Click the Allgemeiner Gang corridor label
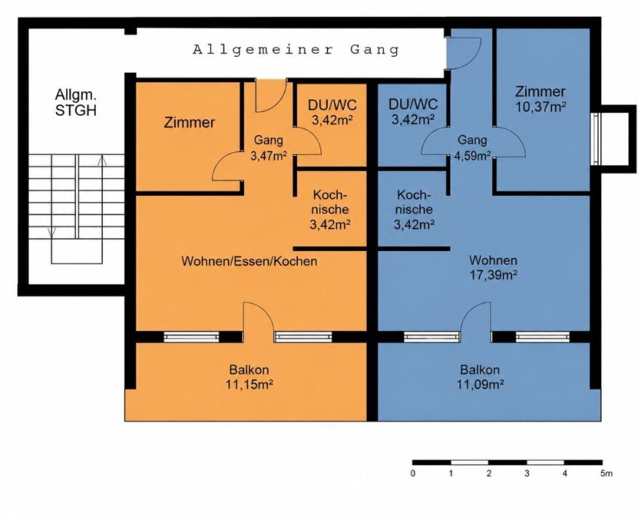point(296,50)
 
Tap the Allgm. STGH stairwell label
point(76,103)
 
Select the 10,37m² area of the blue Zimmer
point(541,107)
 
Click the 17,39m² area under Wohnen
point(493,275)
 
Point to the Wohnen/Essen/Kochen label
point(249,261)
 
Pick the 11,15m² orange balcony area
point(249,384)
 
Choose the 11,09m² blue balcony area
point(481,384)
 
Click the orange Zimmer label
point(189,122)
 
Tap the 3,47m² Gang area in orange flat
point(269,156)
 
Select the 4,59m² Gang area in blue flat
point(472,156)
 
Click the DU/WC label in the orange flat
point(332,105)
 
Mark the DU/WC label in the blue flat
point(413,104)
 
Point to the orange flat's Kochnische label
point(330,202)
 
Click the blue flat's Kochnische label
point(414,202)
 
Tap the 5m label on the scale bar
point(606,473)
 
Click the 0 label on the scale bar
point(413,473)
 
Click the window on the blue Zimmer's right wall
point(596,139)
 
